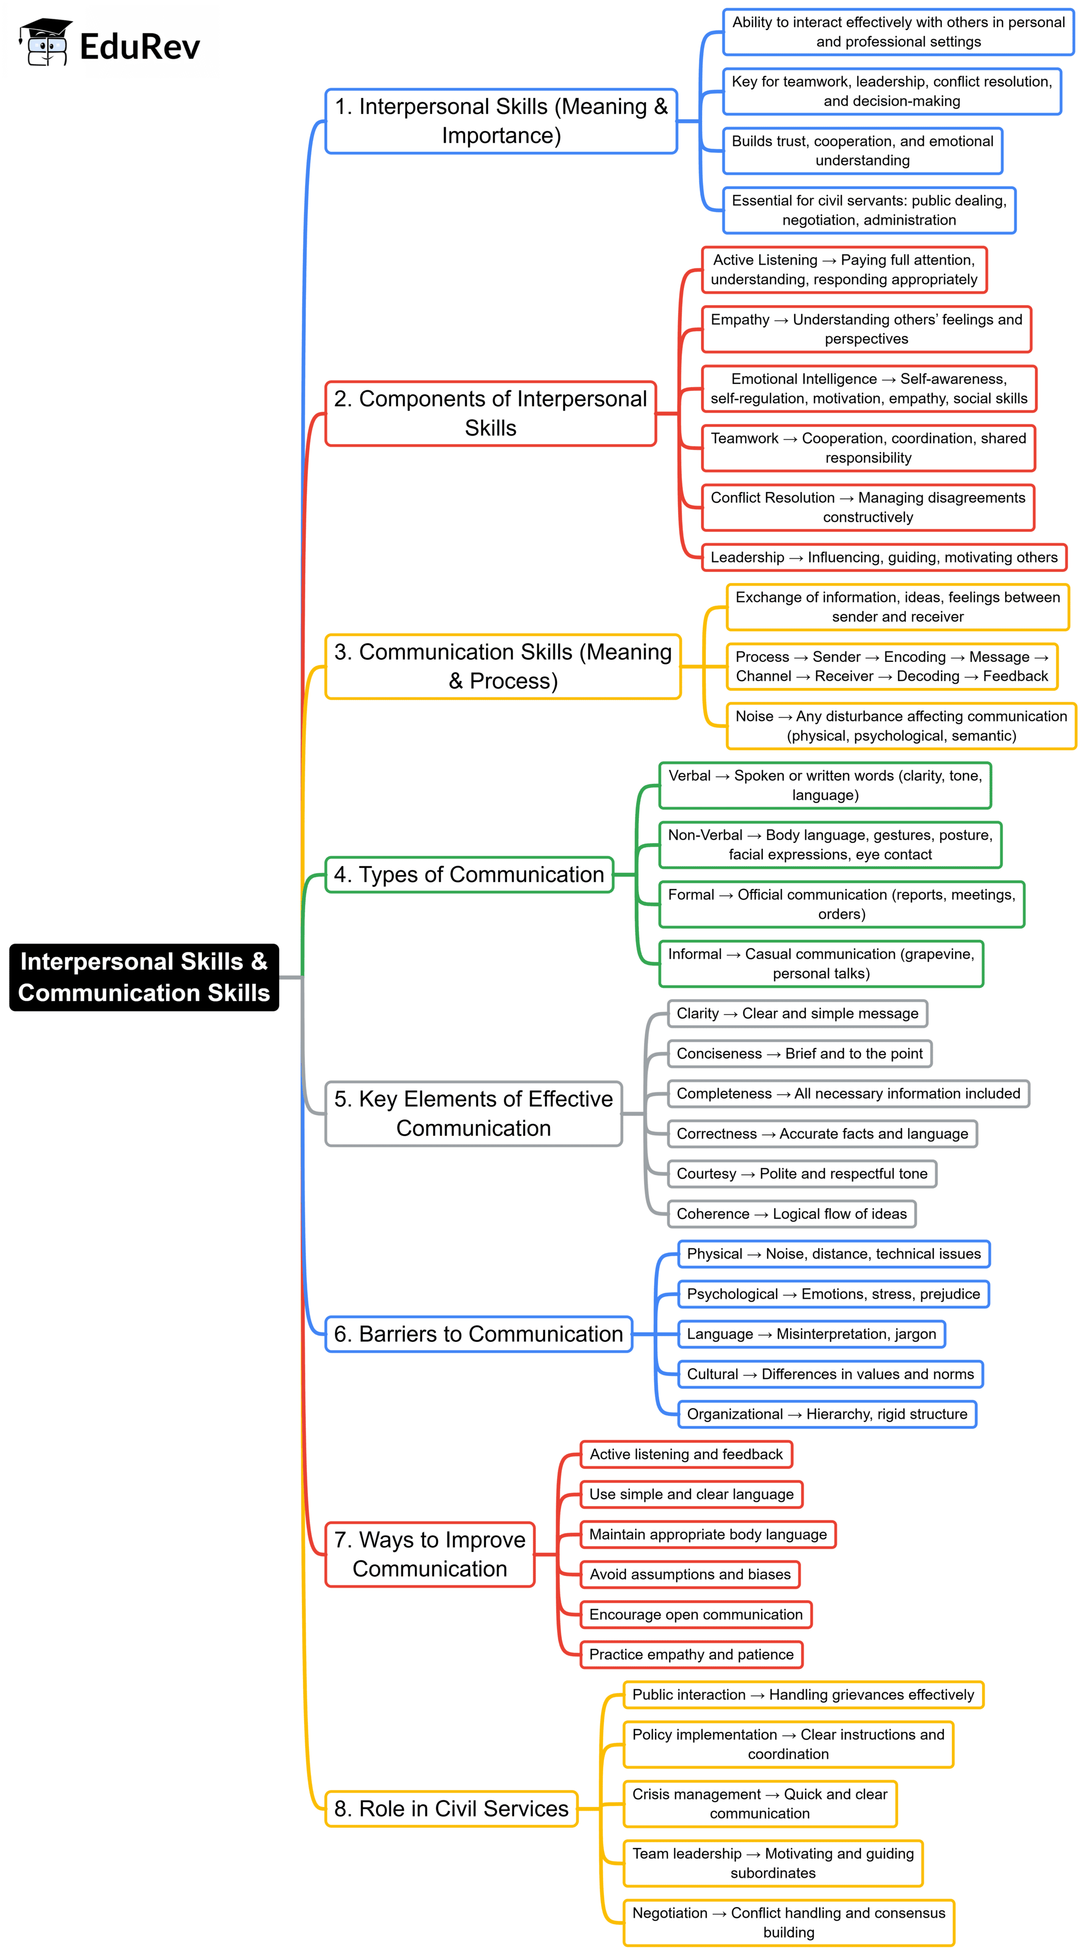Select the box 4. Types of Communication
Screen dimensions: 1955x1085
(x=469, y=874)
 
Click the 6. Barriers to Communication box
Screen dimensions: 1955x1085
(x=478, y=1334)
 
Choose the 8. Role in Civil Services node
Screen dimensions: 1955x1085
(x=451, y=1808)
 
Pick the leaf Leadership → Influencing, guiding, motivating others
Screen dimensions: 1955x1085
(x=883, y=557)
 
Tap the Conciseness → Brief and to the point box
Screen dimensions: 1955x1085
(x=799, y=1053)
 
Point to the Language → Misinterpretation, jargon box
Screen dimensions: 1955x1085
(x=811, y=1334)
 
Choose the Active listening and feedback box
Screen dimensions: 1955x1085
(x=686, y=1454)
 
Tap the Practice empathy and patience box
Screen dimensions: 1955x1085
(x=691, y=1655)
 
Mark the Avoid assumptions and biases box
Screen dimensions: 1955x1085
(x=689, y=1574)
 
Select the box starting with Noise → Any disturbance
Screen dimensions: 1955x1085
(x=901, y=725)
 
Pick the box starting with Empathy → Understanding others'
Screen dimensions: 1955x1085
(x=866, y=329)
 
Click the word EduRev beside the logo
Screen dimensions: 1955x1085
(x=140, y=47)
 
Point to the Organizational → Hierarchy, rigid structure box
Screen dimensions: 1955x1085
(x=826, y=1414)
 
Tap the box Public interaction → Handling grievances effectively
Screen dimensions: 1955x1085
(x=803, y=1695)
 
